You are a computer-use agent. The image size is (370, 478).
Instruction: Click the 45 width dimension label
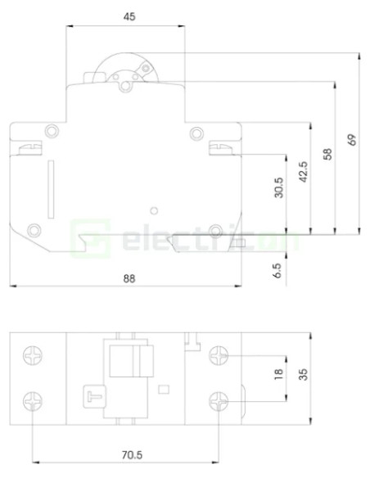129,16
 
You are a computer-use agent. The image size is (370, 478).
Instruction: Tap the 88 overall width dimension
129,277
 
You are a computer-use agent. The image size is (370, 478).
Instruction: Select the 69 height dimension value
352,139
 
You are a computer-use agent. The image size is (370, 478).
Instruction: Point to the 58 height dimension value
327,153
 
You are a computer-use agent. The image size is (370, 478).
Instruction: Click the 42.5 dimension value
303,178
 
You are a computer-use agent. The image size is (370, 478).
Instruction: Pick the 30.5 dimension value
278,190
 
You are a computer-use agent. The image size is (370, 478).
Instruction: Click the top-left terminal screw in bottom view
32,357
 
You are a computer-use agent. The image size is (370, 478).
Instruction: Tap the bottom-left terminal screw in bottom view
32,401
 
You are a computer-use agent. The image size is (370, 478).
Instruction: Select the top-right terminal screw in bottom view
219,357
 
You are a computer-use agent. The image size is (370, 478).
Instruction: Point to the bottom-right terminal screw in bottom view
219,401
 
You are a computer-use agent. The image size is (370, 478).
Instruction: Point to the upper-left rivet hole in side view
52,131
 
